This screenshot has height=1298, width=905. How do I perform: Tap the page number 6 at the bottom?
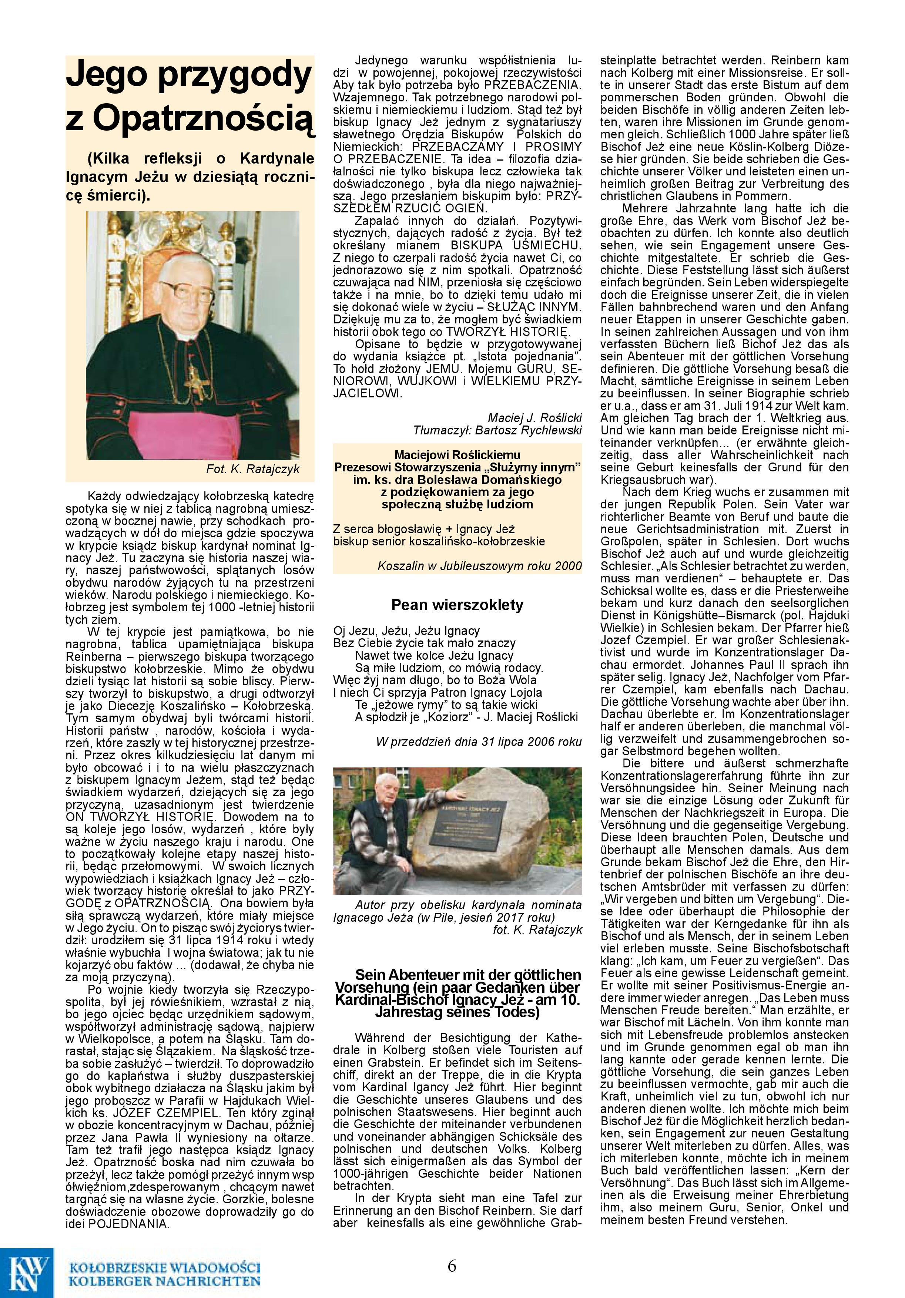tap(452, 1265)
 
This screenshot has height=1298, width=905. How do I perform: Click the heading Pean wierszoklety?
tap(457, 605)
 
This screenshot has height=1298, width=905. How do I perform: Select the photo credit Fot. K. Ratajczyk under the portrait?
tap(252, 469)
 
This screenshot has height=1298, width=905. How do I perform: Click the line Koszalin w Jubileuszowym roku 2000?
tap(479, 566)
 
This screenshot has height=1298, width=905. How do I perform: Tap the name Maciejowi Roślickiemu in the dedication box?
tap(457, 455)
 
